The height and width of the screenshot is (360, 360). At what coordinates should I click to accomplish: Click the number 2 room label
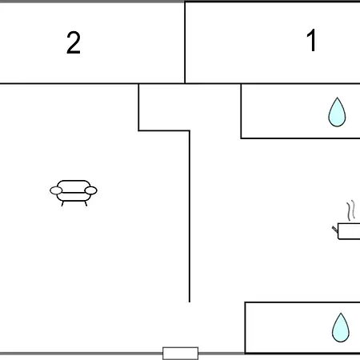[74, 42]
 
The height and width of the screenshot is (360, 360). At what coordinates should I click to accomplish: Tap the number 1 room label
[311, 40]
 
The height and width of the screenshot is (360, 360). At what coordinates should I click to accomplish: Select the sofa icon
[74, 193]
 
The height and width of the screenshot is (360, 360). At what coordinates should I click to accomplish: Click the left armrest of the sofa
[56, 190]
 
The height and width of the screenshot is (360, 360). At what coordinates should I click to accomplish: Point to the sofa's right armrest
[90, 190]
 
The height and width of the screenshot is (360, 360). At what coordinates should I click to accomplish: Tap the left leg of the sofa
[62, 203]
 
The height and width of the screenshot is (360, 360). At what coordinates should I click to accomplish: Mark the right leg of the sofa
[86, 203]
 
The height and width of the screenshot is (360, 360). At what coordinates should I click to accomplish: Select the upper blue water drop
[337, 112]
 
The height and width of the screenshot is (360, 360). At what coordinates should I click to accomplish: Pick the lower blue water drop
[341, 327]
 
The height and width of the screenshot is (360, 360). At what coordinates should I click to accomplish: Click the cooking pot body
[349, 231]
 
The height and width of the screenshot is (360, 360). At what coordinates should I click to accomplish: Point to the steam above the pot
[351, 210]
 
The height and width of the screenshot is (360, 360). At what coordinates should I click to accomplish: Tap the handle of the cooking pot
[335, 229]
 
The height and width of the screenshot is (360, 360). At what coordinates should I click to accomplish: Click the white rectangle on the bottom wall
[180, 354]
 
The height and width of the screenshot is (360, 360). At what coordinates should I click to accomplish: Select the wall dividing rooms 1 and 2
[185, 42]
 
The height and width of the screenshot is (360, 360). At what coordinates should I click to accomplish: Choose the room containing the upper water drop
[301, 111]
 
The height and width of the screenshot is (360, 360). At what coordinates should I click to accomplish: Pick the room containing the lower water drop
[302, 328]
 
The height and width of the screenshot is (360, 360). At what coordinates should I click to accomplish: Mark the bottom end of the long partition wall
[190, 302]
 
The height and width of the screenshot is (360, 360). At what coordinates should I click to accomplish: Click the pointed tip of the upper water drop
[337, 98]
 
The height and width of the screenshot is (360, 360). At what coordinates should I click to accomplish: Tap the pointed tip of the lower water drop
[341, 313]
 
